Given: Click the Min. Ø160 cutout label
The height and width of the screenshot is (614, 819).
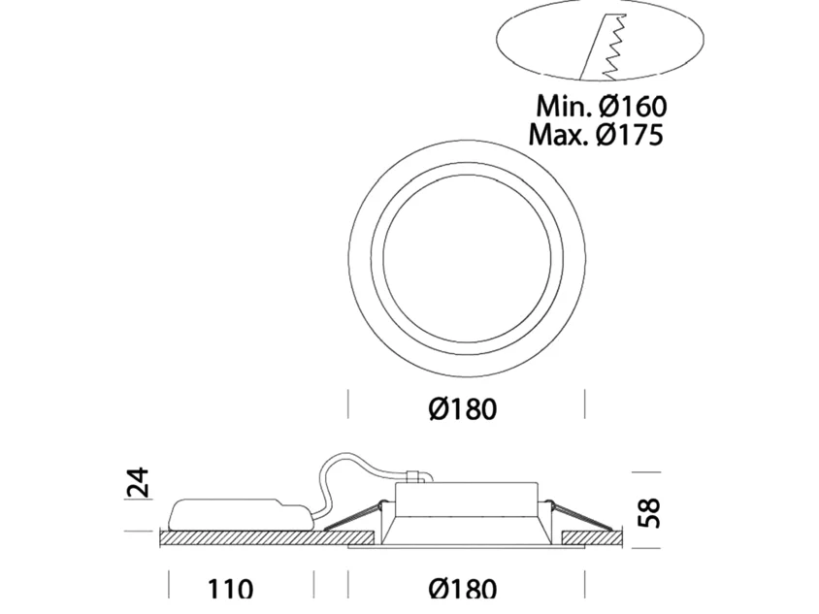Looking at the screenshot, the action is point(602,106).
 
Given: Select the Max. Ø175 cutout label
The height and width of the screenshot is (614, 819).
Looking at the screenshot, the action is point(596,134).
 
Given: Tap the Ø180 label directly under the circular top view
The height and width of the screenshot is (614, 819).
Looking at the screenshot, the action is point(463,408).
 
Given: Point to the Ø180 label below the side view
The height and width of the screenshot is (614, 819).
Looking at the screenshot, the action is point(463,589).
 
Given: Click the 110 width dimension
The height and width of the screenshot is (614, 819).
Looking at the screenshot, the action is point(230,589).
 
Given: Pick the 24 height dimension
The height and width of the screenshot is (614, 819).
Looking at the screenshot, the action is point(139,482).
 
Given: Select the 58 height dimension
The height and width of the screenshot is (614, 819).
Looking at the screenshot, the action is point(649,513).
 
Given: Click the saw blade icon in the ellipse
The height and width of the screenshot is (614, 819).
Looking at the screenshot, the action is point(604,47).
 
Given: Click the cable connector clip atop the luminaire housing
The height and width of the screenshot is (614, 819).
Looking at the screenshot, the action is point(414,476).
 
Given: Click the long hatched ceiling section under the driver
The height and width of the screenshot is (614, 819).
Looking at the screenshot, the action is point(266,538).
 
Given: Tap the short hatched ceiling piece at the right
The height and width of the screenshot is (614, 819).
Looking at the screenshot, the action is point(592,538).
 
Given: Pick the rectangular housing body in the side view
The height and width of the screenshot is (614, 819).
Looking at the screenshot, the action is point(467,501).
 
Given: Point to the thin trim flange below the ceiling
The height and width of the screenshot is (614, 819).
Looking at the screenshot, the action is point(467,548).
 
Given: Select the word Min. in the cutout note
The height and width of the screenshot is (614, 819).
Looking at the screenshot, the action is point(564,106).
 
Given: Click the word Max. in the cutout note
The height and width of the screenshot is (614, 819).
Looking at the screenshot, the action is point(559,134).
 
